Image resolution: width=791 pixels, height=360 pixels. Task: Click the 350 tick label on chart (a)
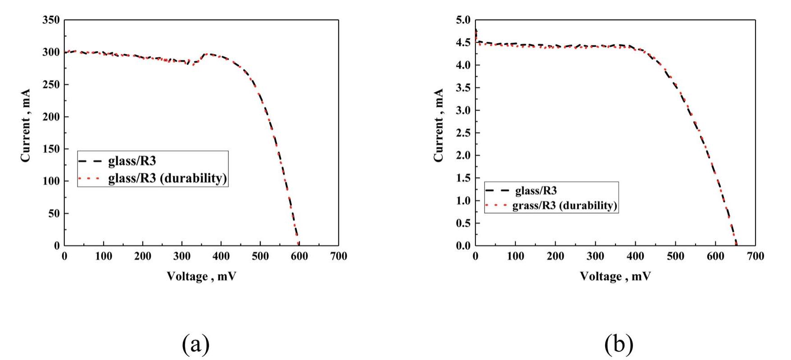click(51, 20)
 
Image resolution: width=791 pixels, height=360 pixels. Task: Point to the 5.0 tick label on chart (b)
click(462, 20)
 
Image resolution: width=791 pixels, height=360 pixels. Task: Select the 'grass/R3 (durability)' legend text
click(565, 206)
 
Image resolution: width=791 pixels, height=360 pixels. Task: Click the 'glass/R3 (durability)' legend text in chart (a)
click(167, 179)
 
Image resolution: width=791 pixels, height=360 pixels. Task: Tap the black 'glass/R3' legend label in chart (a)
click(132, 161)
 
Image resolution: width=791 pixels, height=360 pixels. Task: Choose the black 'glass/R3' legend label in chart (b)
click(536, 191)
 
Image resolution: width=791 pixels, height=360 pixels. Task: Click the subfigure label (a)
click(196, 344)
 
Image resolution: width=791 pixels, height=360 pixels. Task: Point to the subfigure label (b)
click(619, 344)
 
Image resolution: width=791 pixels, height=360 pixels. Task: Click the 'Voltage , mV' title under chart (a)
click(201, 276)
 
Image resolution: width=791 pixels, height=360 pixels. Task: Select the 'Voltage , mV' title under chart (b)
click(615, 276)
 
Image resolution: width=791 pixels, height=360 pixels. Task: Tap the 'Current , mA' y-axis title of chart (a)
click(26, 125)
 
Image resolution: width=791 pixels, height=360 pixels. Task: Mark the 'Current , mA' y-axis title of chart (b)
click(438, 125)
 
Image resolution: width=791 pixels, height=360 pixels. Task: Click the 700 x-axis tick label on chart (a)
click(339, 256)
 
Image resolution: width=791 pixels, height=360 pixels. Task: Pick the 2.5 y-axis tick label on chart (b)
click(462, 133)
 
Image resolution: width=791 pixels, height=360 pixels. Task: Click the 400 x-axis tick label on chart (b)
click(635, 256)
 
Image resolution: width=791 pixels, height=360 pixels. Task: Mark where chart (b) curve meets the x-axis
click(736, 245)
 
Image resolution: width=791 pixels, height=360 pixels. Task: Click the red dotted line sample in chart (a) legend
click(91, 179)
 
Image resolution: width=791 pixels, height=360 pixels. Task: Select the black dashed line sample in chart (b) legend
click(497, 191)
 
